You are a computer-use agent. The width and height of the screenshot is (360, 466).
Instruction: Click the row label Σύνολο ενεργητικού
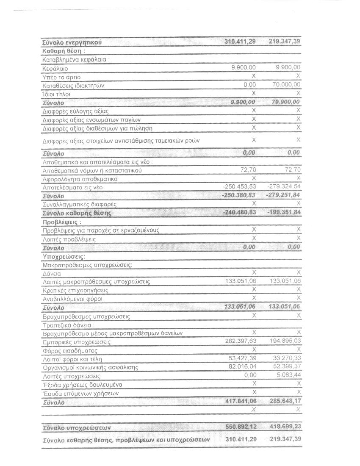click(72, 42)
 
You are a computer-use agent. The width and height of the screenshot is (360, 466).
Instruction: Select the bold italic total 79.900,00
click(285, 102)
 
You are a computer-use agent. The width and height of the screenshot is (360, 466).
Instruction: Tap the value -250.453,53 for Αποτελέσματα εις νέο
click(240, 187)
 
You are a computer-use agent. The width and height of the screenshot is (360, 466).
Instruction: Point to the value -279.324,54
click(284, 187)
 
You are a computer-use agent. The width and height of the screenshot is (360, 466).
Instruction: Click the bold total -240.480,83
click(239, 213)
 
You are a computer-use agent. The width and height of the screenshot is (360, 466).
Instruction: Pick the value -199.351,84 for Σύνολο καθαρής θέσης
click(284, 213)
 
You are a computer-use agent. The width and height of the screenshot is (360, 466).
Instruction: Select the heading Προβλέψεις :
click(61, 222)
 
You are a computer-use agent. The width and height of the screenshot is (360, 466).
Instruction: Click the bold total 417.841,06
click(240, 402)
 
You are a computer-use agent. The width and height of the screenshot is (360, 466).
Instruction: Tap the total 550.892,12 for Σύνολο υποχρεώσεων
click(240, 427)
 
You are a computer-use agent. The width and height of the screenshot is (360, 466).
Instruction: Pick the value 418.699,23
click(285, 427)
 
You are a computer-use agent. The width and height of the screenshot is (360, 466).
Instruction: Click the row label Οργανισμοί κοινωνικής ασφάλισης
click(91, 367)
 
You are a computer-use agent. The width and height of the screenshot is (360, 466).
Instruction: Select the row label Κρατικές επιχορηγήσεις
click(75, 291)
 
